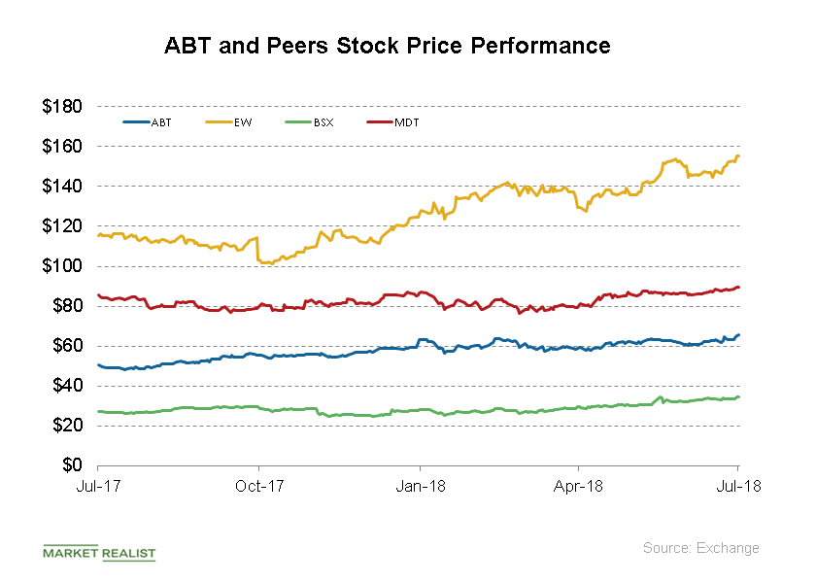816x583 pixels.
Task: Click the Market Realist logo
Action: (x=99, y=552)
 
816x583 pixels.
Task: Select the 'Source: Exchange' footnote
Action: (x=700, y=548)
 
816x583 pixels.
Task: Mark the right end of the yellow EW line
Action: (x=739, y=156)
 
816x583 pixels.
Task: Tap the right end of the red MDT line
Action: (x=739, y=287)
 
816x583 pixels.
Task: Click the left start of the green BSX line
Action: (x=99, y=412)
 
